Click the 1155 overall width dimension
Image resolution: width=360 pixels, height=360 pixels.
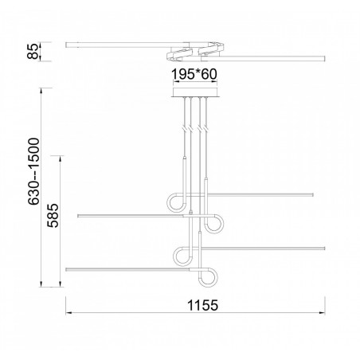[196, 304]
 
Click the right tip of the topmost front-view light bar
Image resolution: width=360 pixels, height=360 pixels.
[313, 194]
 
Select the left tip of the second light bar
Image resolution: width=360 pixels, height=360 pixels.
[78, 215]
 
